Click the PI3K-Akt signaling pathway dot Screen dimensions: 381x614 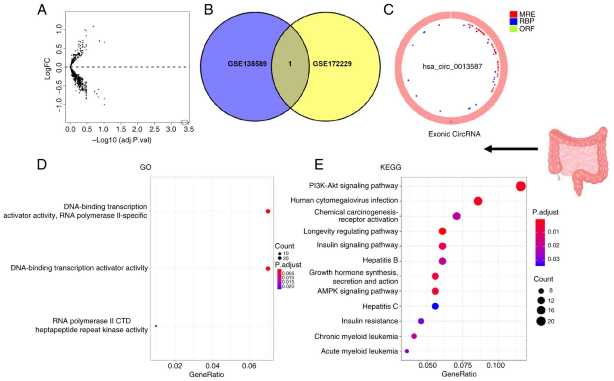click(x=521, y=186)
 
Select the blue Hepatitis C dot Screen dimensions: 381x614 click(x=435, y=306)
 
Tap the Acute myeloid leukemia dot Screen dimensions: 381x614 click(x=407, y=351)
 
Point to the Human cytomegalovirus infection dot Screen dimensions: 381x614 click(x=478, y=201)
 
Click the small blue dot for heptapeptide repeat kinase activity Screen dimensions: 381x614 click(x=156, y=326)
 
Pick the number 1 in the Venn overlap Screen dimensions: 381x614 click(x=290, y=64)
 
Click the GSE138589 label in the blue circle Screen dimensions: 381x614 click(x=247, y=64)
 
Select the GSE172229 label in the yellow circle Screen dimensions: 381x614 click(x=332, y=64)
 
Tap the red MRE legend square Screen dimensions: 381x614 click(x=513, y=14)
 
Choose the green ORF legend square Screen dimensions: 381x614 click(x=513, y=29)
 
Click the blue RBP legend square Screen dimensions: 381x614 click(x=513, y=21)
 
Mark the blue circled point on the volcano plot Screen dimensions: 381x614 click(x=185, y=122)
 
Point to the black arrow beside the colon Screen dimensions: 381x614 click(x=511, y=149)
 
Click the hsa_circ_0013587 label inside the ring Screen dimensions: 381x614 click(x=452, y=67)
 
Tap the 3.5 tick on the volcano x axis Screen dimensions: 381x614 click(x=188, y=130)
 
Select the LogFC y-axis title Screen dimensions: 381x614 click(x=47, y=69)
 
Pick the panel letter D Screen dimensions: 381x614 click(x=42, y=165)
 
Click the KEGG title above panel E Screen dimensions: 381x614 click(x=390, y=167)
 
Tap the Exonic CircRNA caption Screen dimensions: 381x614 click(x=454, y=134)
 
